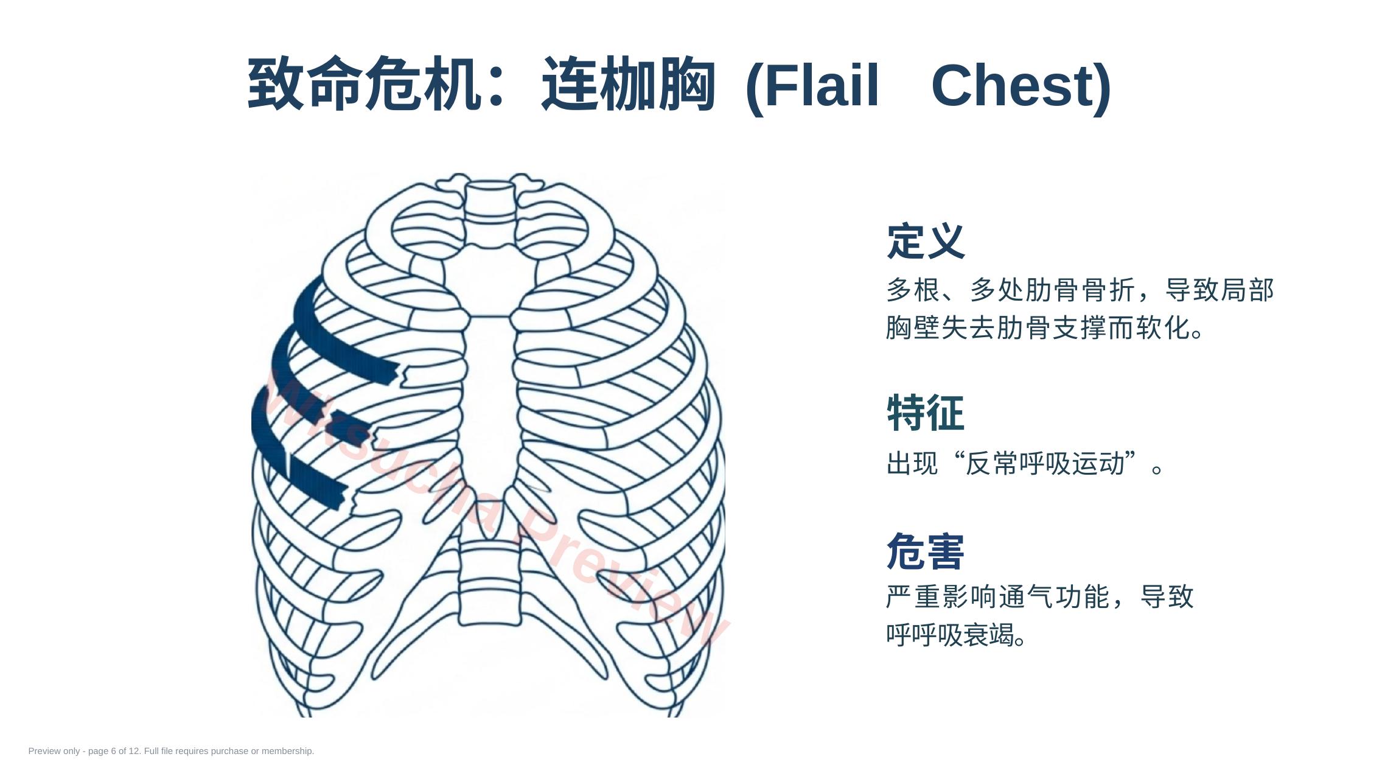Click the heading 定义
(926, 242)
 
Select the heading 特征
(926, 413)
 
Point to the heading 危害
(926, 551)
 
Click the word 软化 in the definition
(1162, 328)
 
